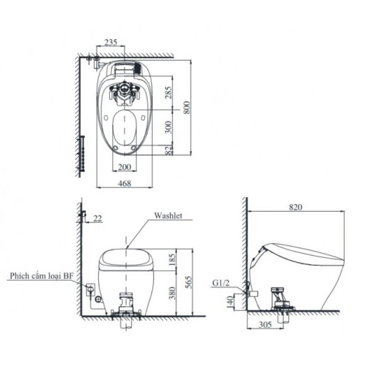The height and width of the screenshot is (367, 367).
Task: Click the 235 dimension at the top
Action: [x=111, y=42]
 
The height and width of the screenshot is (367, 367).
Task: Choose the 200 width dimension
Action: [x=124, y=167]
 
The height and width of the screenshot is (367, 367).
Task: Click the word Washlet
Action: [x=167, y=215]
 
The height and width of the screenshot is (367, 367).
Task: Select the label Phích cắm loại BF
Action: [x=41, y=276]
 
